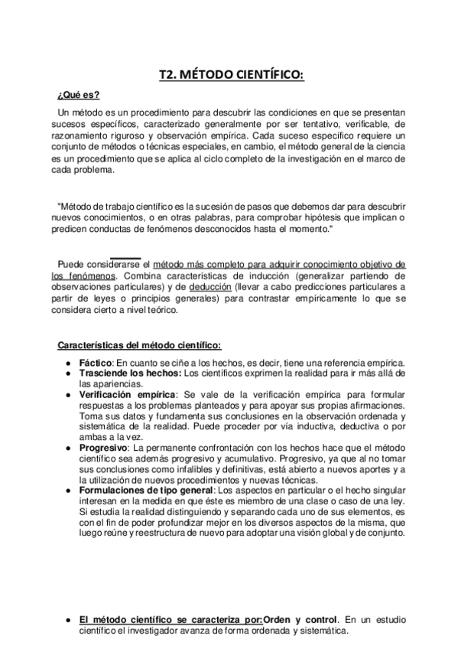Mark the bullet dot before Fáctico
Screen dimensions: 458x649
tap(68, 363)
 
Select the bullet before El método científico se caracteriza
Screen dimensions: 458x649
tap(68, 620)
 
